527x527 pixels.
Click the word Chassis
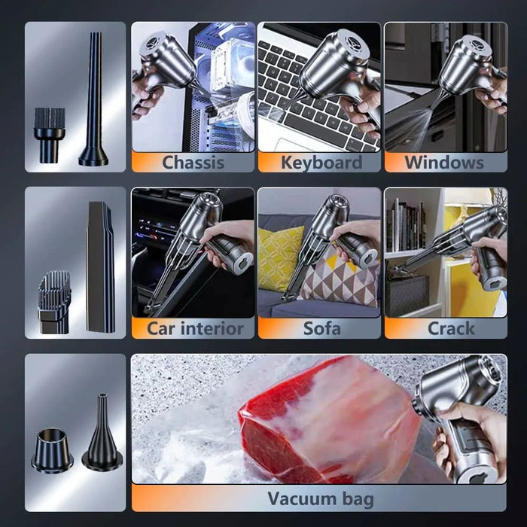point(192,162)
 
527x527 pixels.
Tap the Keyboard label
point(321,162)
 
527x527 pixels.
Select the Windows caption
point(444,162)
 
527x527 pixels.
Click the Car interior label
point(195,328)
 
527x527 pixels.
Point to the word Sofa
point(321,328)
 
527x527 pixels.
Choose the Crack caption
point(451,328)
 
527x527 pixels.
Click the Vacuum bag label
point(320,498)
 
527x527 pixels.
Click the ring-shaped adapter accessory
point(52,449)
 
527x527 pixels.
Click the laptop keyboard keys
point(301,105)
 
